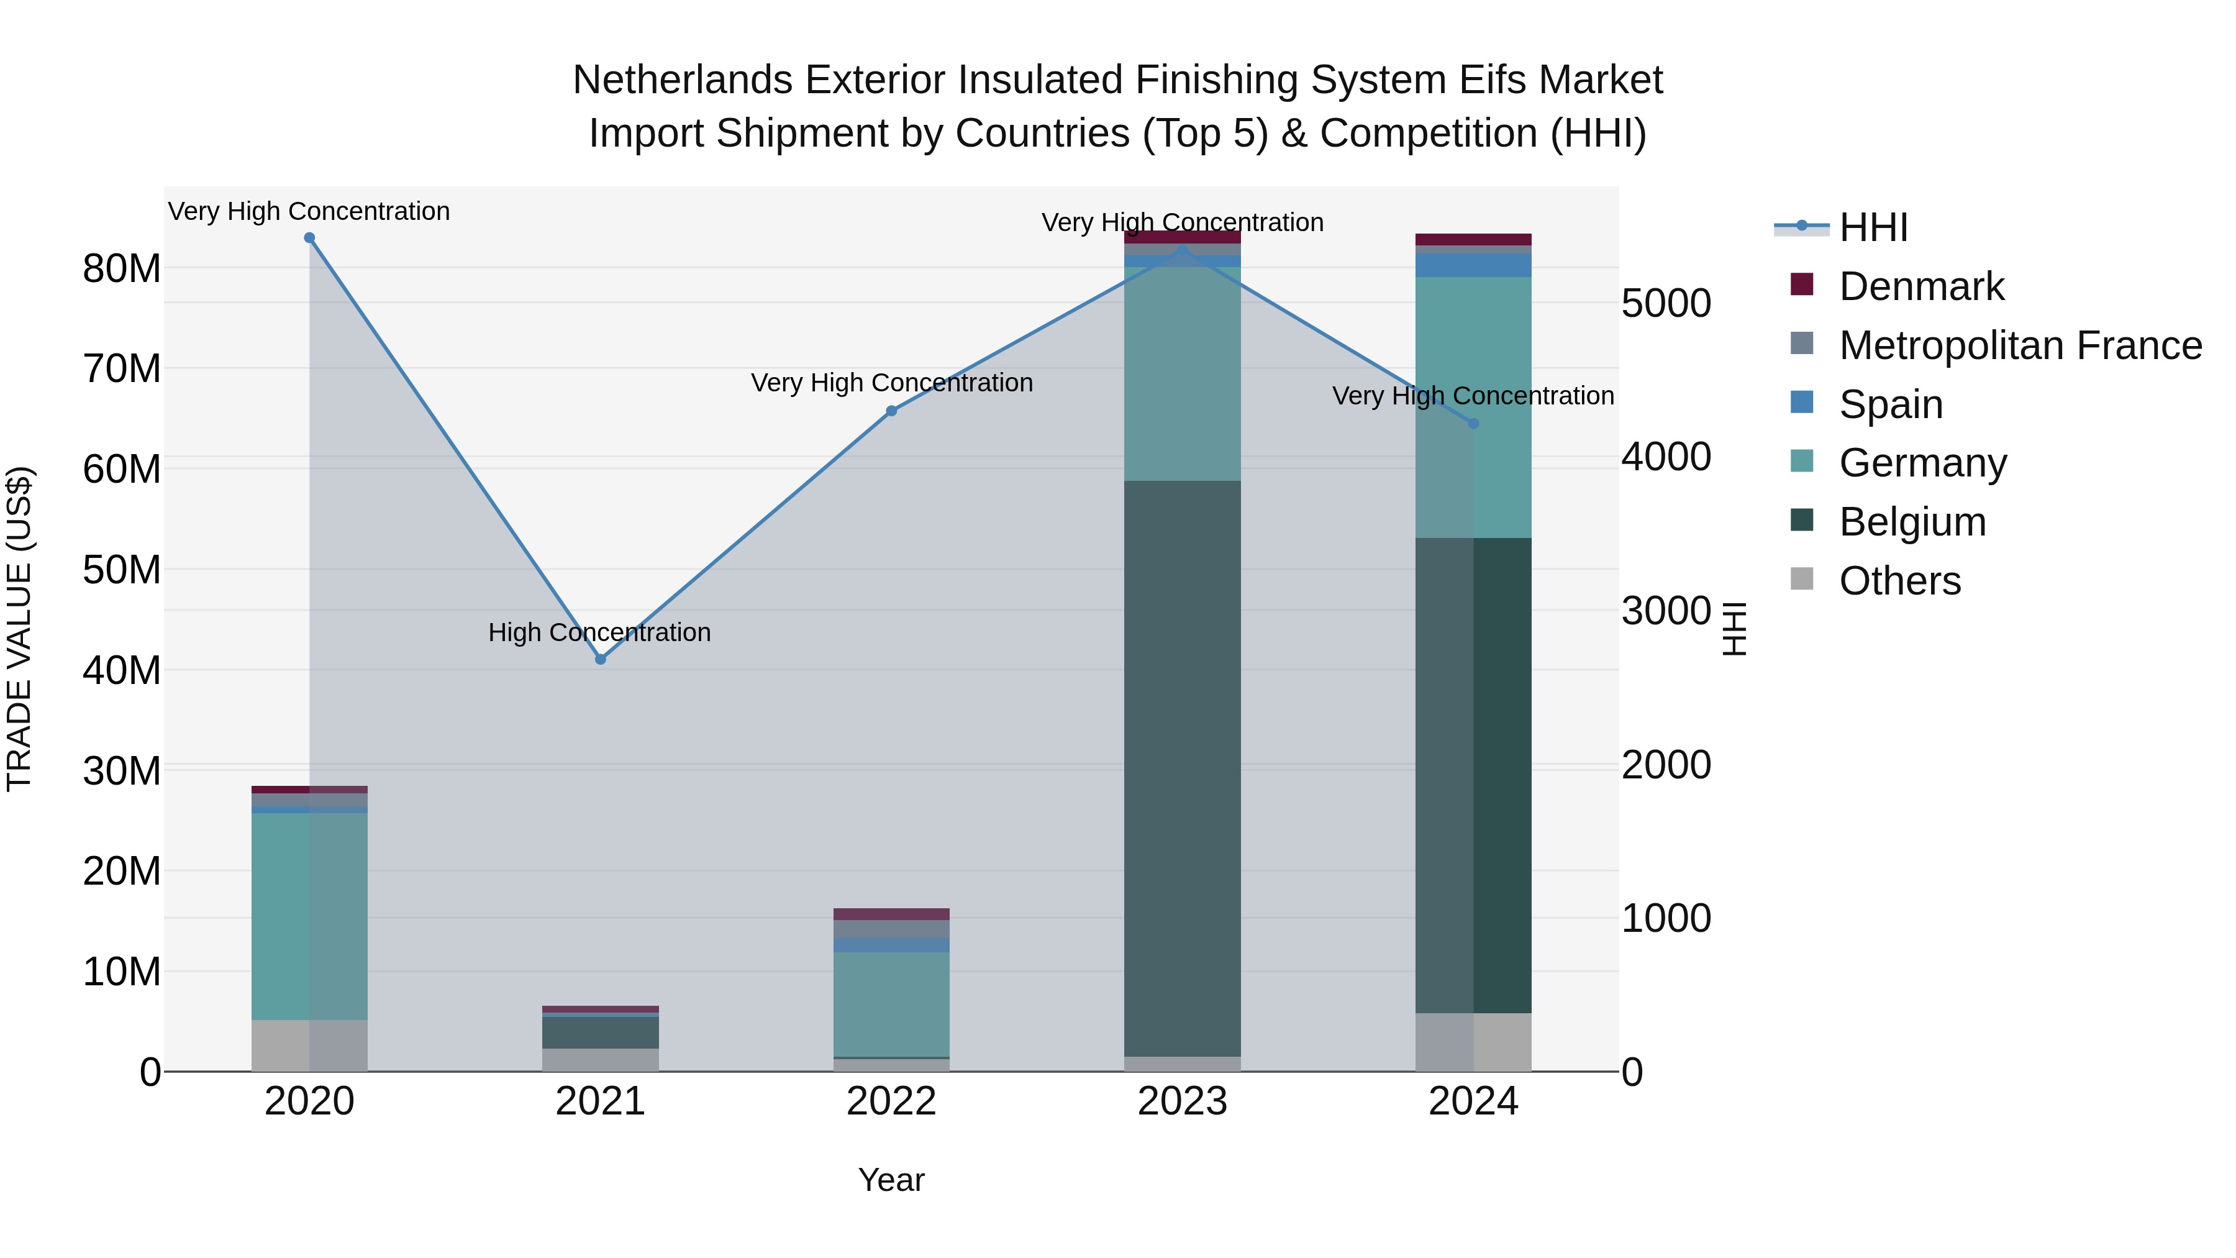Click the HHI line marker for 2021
(600, 659)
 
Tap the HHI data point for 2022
(891, 411)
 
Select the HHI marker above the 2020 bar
(309, 238)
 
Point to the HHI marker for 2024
(1473, 424)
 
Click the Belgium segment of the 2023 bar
(1182, 768)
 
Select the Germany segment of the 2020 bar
(309, 916)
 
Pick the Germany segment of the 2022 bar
(891, 1004)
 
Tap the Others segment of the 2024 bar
(1473, 1042)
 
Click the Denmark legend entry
(1921, 286)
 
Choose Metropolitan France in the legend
(2020, 345)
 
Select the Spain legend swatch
(1802, 403)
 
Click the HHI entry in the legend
(1873, 227)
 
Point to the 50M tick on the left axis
(122, 570)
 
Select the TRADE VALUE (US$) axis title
(19, 629)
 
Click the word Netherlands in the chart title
(682, 80)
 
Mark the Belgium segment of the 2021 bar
(600, 1032)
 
